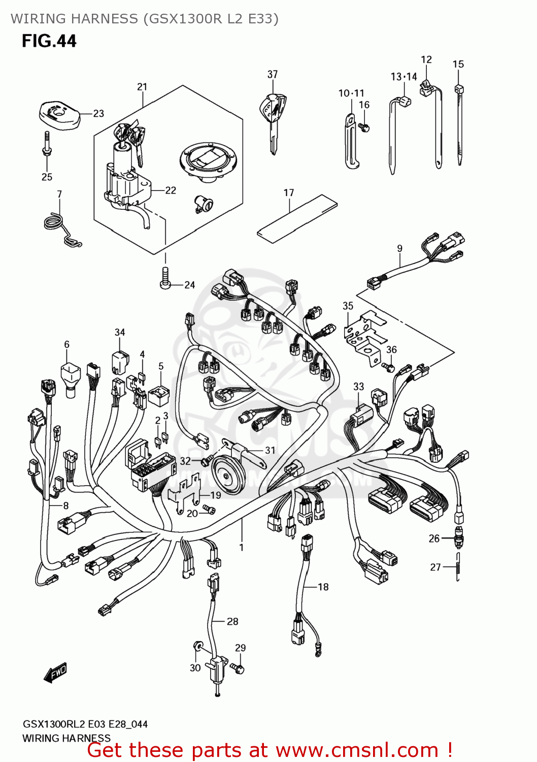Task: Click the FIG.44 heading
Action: coord(49,41)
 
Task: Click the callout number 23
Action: coord(98,113)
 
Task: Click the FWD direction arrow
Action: coord(55,673)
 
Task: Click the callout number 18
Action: coord(323,587)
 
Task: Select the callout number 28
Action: coord(232,621)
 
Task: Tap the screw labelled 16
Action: coord(364,127)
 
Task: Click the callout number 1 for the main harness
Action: coord(242,547)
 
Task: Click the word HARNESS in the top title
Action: coord(104,19)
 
